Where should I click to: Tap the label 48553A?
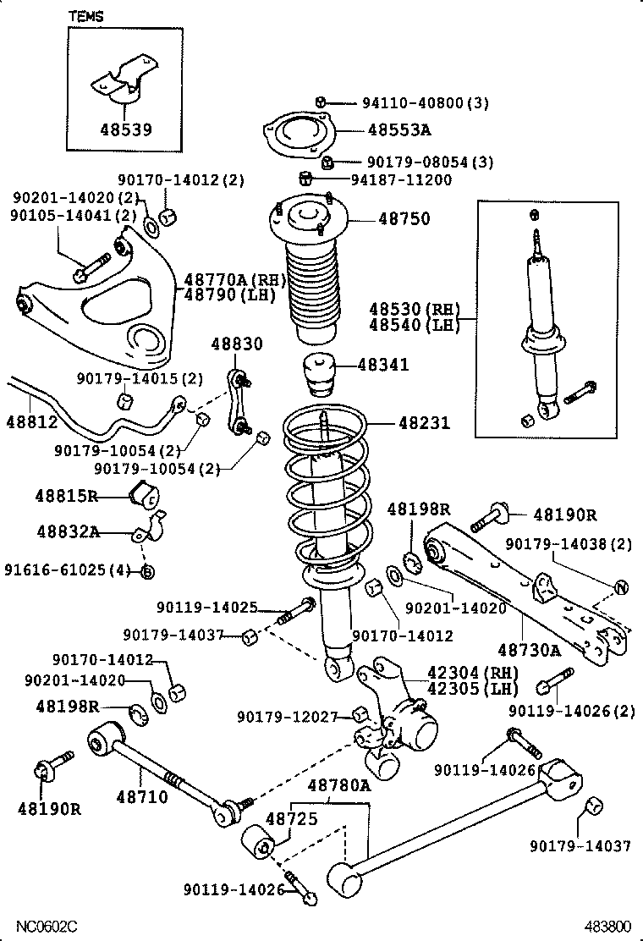click(398, 130)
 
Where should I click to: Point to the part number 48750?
click(404, 218)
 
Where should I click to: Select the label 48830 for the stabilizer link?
click(237, 344)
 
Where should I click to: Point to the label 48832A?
click(69, 531)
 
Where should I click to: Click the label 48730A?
click(529, 650)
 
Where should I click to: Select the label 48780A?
click(338, 786)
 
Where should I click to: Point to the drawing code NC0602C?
click(42, 927)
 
